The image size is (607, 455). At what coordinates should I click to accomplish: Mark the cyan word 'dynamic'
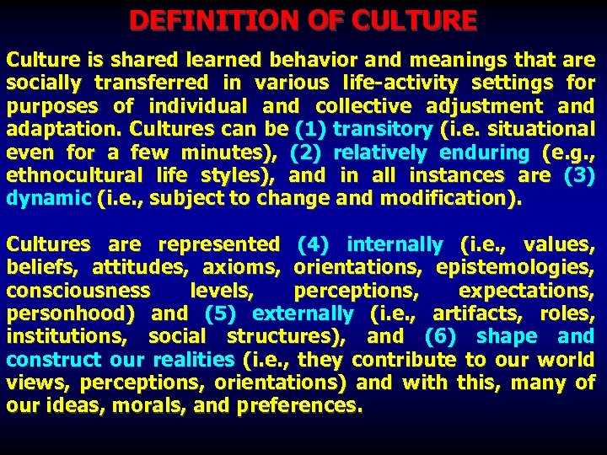tap(46, 199)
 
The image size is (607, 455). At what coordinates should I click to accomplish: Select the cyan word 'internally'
tap(394, 244)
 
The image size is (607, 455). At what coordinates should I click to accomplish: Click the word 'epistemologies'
tap(515, 267)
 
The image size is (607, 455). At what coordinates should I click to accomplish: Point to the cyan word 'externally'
tap(303, 313)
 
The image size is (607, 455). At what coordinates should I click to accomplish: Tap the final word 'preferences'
tap(300, 405)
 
